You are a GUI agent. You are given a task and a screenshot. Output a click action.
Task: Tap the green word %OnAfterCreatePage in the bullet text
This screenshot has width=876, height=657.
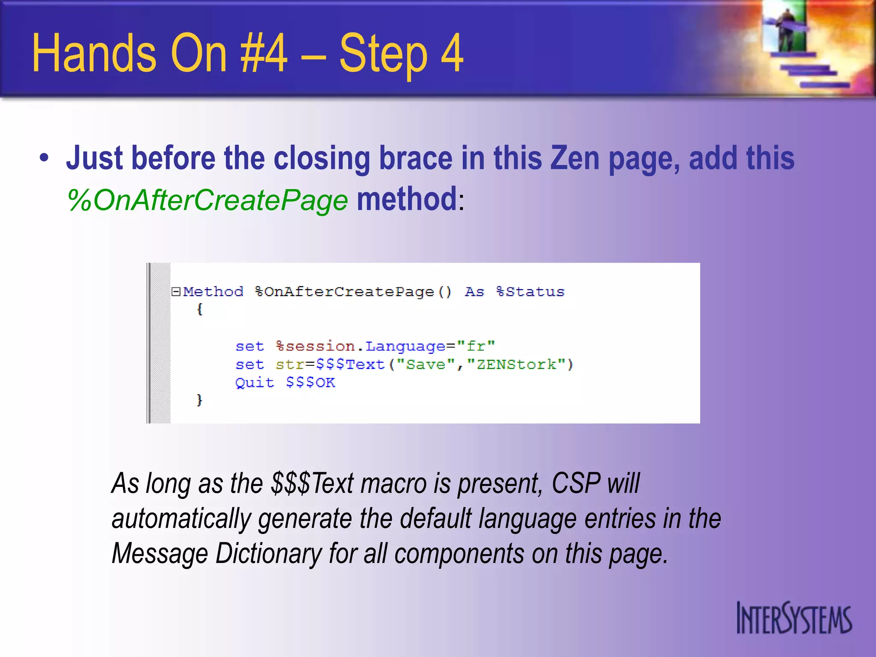pos(207,200)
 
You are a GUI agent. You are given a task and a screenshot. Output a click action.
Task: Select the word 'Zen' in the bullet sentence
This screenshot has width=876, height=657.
pos(575,158)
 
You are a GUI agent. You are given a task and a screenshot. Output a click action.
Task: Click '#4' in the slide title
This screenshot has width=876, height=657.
pos(263,53)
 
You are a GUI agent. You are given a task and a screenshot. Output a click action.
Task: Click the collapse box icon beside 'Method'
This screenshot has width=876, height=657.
pos(175,292)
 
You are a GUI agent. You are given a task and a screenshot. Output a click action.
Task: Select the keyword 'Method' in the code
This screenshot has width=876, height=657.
pos(213,292)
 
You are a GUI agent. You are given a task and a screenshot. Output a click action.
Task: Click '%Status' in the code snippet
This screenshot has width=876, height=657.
pos(530,292)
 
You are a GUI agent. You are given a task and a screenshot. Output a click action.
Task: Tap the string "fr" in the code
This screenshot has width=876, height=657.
pos(476,346)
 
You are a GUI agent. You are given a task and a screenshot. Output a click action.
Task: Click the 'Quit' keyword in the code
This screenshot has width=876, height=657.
pos(255,382)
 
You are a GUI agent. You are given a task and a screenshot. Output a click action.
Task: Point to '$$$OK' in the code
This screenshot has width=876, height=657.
pos(311,382)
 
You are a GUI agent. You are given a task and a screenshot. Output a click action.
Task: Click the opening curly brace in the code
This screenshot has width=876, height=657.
pos(199,309)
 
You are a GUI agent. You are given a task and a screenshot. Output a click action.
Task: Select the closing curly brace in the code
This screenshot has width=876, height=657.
pos(199,400)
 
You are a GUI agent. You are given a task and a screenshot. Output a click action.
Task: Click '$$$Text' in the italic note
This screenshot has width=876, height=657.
pos(312,483)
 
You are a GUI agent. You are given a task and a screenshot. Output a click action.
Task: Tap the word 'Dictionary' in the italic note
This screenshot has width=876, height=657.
pos(268,553)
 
